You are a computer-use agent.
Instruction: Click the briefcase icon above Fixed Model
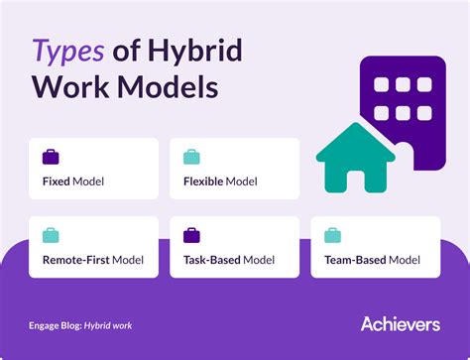point(51,157)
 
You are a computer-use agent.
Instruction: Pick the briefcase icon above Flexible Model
point(191,157)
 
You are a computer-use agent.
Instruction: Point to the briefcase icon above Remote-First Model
point(51,236)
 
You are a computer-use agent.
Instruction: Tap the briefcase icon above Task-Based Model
point(191,236)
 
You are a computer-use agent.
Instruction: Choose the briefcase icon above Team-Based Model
point(332,236)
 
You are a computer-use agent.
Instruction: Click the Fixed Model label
point(73,182)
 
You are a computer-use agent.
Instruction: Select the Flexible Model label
point(220,182)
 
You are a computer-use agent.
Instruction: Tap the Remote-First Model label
point(93,262)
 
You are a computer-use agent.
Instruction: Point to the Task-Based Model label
point(231,262)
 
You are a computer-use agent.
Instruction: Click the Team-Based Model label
point(372,262)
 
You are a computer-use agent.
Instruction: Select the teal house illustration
point(355,164)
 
